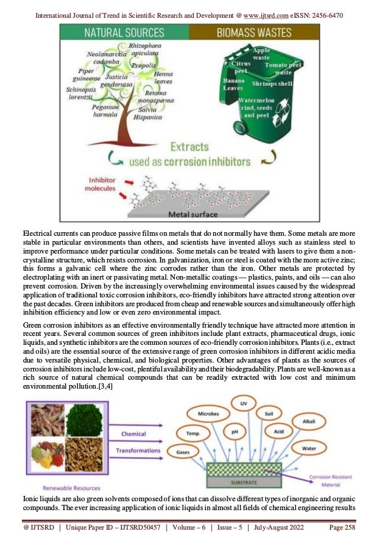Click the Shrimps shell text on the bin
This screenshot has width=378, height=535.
(273, 84)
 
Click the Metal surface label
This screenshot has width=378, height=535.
(193, 213)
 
